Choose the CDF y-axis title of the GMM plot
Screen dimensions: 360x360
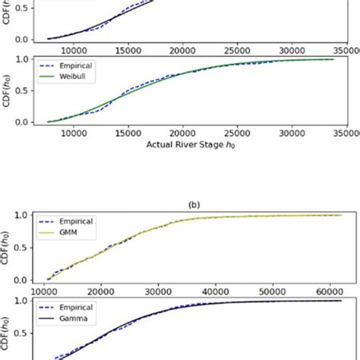pyautogui.click(x=8, y=248)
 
